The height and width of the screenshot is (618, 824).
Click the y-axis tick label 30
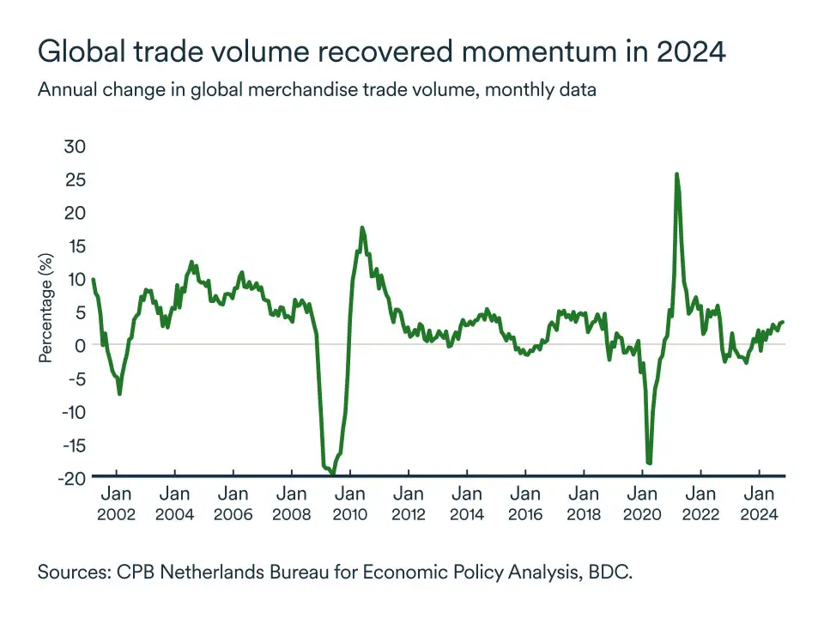76,147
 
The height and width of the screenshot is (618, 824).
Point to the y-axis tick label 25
76,180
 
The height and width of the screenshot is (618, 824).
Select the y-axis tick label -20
72,478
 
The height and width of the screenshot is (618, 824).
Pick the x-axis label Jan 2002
116,504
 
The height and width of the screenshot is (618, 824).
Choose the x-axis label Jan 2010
350,504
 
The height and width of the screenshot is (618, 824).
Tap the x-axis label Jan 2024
759,504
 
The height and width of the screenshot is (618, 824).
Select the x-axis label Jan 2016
525,504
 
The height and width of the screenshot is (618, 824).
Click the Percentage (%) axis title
46,307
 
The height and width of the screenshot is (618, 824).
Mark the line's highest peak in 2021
676,174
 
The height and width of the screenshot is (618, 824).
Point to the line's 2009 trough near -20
332,473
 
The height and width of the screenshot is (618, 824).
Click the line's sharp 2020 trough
650,463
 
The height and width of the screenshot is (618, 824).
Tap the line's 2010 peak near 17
362,228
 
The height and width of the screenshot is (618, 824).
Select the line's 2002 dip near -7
119,392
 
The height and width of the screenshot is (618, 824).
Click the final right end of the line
783,322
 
